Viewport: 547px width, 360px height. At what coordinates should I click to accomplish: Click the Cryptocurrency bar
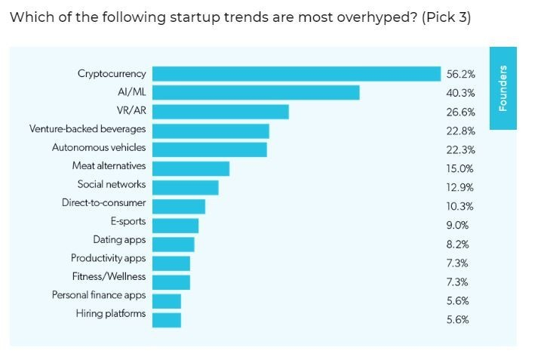[x=297, y=74]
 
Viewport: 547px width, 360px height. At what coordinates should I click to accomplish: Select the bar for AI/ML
[x=256, y=93]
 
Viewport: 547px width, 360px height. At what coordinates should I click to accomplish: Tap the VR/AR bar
[x=220, y=112]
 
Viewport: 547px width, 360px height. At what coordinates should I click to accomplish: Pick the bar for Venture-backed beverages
[x=211, y=131]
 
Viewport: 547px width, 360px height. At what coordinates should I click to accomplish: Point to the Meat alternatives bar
[x=191, y=168]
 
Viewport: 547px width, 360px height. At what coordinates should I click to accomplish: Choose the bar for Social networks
[x=186, y=187]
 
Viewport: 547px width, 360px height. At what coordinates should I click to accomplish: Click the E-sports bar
[x=175, y=225]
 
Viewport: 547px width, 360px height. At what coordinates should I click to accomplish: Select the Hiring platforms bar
[x=167, y=320]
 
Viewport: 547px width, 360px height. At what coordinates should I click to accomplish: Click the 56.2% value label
[x=460, y=74]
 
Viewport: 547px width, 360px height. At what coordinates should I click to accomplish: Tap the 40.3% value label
[x=460, y=93]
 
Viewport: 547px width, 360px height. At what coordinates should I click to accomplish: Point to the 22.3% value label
[x=460, y=149]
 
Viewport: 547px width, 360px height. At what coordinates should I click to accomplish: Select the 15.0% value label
[x=460, y=168]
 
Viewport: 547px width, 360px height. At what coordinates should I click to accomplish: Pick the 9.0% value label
[x=457, y=225]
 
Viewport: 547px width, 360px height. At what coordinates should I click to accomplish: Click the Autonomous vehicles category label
[x=99, y=147]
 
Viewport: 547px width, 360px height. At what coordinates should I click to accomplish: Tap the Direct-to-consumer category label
[x=104, y=203]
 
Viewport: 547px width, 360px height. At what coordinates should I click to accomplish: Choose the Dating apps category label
[x=119, y=240]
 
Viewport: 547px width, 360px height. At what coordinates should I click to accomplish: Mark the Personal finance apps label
[x=99, y=295]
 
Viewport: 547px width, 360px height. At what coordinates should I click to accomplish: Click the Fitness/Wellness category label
[x=109, y=277]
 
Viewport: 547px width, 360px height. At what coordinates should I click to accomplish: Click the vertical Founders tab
[x=503, y=88]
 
